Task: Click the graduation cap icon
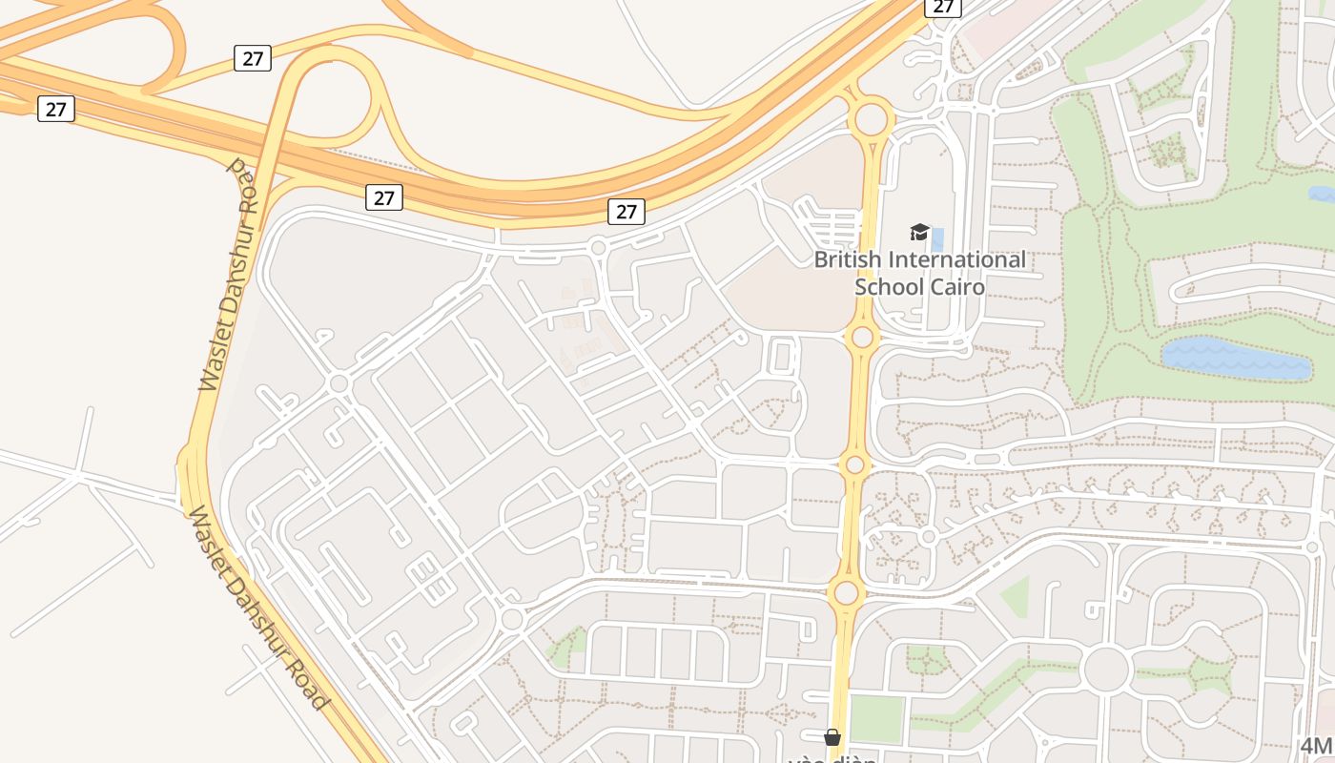click(919, 232)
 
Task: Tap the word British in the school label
click(847, 259)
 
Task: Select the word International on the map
click(956, 259)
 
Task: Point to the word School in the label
click(886, 286)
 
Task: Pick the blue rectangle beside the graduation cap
click(937, 239)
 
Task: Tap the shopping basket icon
click(832, 736)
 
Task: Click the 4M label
click(1317, 746)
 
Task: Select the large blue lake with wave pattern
click(1235, 358)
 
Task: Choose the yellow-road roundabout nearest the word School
click(862, 337)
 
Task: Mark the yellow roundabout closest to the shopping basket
click(846, 593)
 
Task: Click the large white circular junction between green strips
click(1106, 669)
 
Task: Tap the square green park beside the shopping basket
click(876, 719)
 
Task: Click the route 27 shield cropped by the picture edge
click(942, 7)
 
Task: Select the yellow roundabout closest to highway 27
click(870, 120)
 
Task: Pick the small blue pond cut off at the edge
click(1323, 195)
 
